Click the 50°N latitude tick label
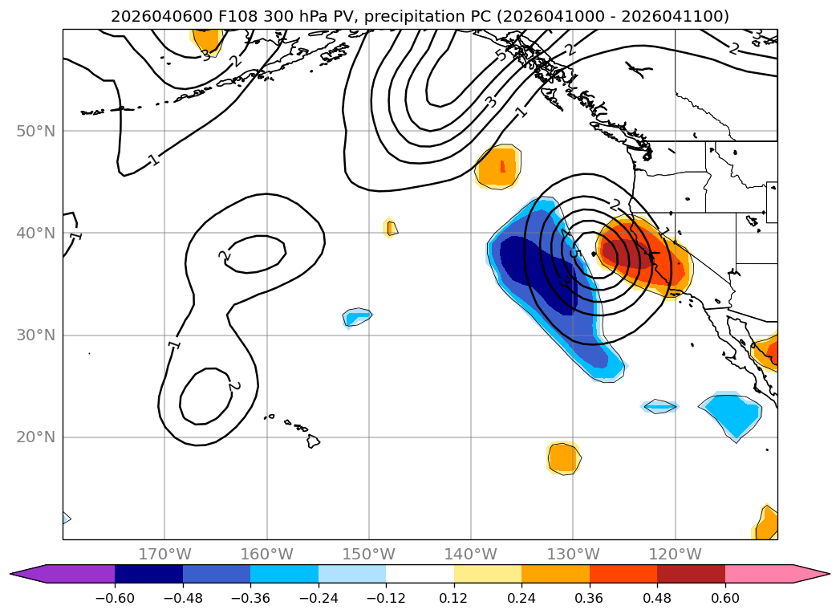tap(35, 131)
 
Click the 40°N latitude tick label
tap(35, 233)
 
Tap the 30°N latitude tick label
tap(35, 335)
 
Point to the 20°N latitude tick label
tap(35, 437)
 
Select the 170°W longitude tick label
tap(164, 555)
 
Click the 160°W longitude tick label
tap(266, 555)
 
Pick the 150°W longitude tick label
tap(368, 555)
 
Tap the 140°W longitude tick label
tap(470, 555)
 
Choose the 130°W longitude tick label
tap(573, 555)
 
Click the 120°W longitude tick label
tap(675, 555)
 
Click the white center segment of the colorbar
tap(420, 574)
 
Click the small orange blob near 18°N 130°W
tap(563, 457)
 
